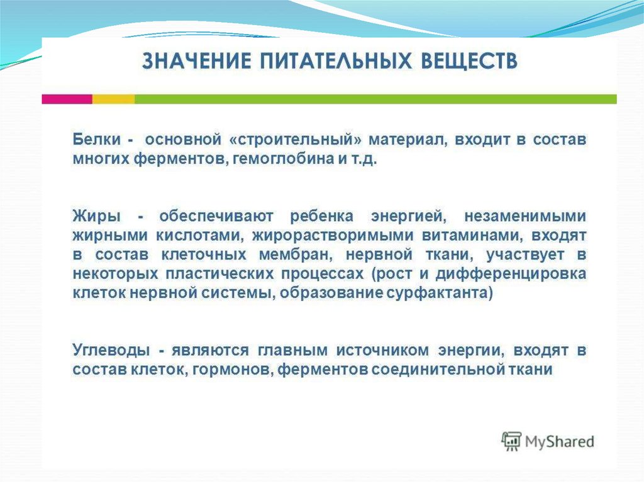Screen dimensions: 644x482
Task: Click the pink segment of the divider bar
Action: (67, 99)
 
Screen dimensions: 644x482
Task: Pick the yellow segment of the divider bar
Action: (113, 99)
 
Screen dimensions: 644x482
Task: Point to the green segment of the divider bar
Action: (376, 99)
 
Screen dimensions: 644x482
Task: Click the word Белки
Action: (97, 139)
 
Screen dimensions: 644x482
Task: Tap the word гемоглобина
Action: (284, 159)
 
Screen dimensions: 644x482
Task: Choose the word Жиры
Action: (97, 216)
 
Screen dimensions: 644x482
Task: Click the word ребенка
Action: (321, 216)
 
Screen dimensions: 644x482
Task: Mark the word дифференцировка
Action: (511, 274)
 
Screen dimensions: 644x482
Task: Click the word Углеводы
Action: (111, 351)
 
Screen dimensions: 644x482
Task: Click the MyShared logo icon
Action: (511, 441)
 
